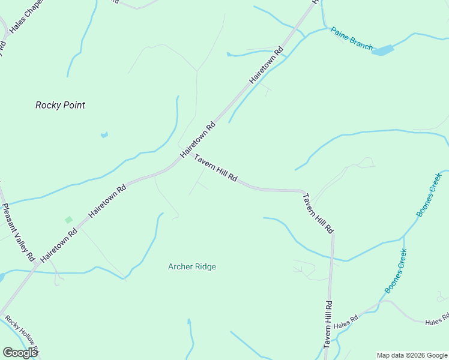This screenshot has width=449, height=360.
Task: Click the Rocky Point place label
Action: (60, 105)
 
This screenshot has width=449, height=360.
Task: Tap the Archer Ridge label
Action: (192, 266)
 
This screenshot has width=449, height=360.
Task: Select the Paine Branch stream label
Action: (352, 38)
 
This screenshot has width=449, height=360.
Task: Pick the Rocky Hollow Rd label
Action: (21, 336)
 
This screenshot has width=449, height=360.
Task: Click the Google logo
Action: (20, 353)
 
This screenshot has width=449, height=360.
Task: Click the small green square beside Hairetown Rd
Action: (68, 220)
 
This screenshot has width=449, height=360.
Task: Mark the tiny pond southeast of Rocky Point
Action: (104, 135)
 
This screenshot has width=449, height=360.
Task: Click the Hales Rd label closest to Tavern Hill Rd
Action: (346, 321)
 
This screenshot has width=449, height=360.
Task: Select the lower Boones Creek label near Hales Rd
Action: (396, 270)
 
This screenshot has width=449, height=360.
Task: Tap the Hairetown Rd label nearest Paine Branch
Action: (267, 65)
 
